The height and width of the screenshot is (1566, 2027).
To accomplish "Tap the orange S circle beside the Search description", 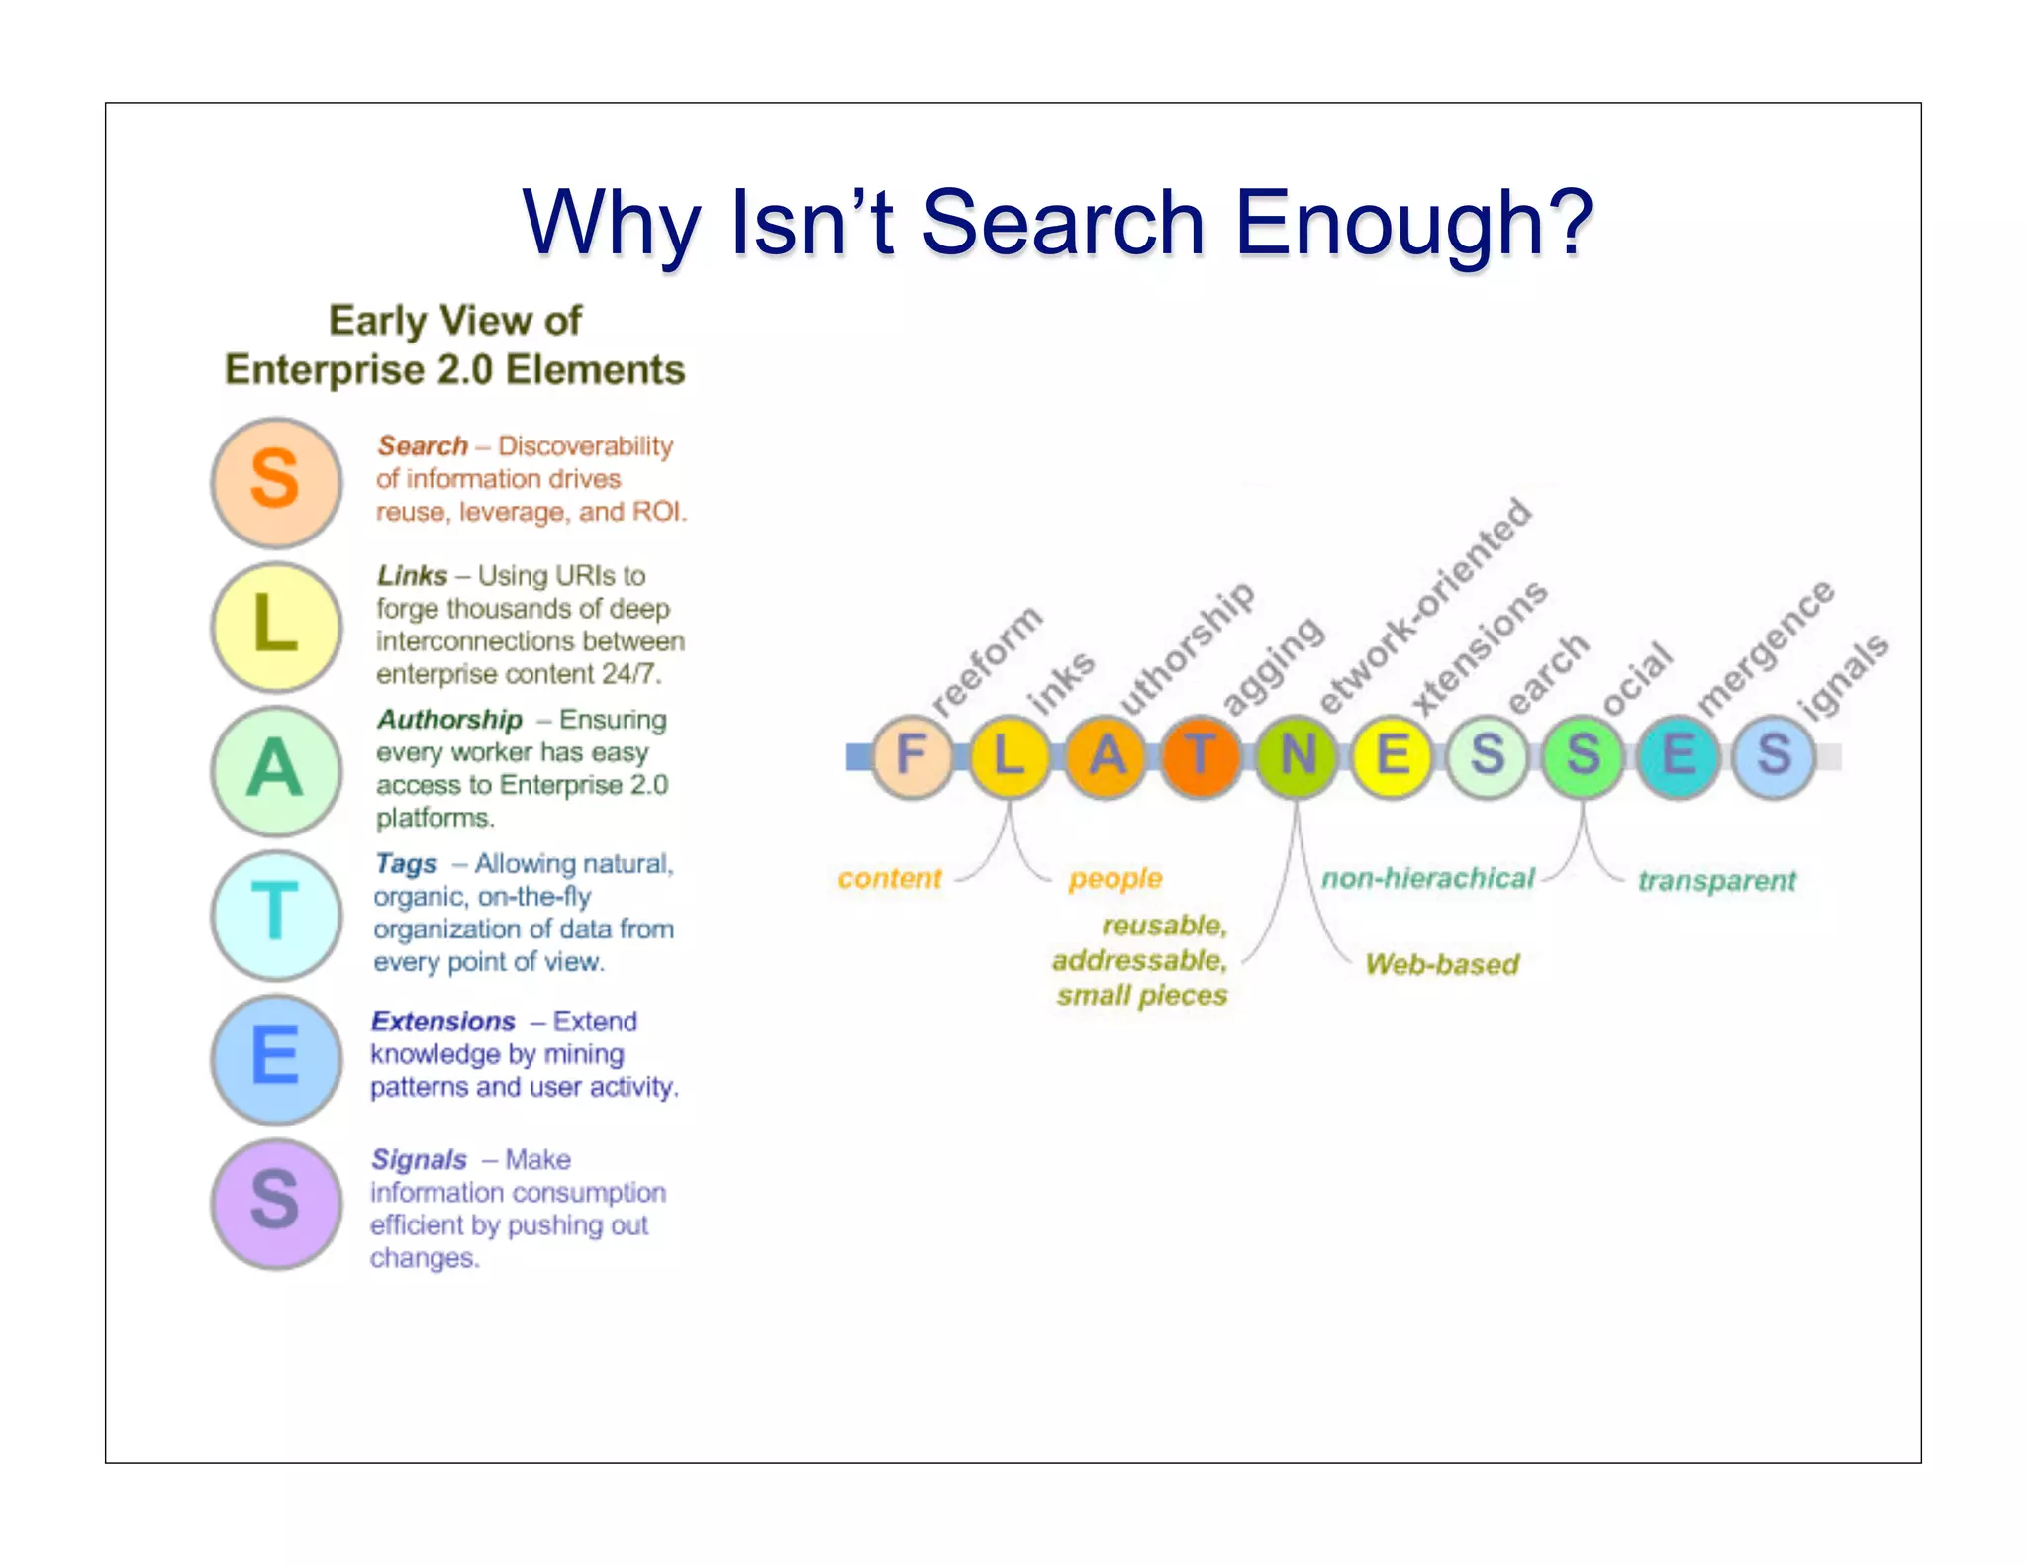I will [276, 481].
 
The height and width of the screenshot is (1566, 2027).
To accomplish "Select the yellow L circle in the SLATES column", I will [276, 626].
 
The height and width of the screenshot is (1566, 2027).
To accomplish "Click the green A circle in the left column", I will [276, 770].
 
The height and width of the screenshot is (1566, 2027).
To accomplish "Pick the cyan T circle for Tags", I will [276, 914].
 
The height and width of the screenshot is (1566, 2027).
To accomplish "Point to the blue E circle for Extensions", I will [276, 1057].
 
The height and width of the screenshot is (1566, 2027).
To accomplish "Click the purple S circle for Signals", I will [276, 1202].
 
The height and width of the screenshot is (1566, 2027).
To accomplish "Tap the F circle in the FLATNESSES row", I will [912, 756].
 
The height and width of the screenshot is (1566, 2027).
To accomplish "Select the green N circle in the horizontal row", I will [1296, 756].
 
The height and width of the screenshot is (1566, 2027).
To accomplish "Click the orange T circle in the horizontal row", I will [1200, 756].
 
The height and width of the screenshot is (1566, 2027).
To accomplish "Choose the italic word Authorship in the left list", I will [449, 720].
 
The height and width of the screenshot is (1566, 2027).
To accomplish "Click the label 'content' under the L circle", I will [889, 878].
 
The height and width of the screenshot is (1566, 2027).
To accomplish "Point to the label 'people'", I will [1114, 878].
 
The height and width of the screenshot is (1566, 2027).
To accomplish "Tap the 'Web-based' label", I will [1441, 964].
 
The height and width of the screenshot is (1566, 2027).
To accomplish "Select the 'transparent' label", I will [1716, 880].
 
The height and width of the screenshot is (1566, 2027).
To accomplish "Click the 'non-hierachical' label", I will [1427, 878].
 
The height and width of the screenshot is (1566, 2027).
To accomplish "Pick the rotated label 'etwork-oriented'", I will [1426, 605].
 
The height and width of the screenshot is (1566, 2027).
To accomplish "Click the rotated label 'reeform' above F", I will [987, 659].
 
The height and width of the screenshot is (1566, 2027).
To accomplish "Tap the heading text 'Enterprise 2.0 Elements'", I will [454, 370].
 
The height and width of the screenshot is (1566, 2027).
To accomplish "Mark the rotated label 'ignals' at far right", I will [1845, 676].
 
